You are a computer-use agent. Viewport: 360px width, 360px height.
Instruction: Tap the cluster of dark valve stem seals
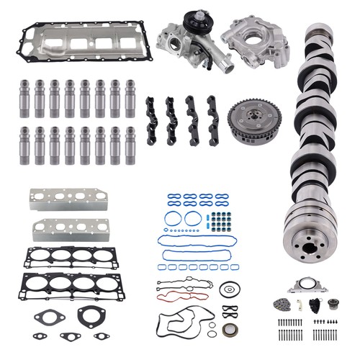tap(220, 220)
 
